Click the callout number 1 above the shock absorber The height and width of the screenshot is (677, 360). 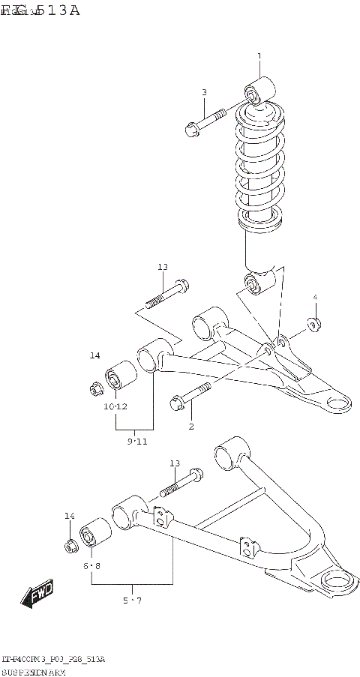259,56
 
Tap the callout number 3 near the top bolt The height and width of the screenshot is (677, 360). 203,92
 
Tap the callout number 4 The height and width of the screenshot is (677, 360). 315,298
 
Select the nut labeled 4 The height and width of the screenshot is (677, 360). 314,325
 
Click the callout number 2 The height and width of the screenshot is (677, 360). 191,426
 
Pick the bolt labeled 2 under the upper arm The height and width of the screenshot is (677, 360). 191,397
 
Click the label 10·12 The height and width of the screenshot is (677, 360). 115,406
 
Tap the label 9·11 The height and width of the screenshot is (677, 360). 136,442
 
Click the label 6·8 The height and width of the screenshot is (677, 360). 91,565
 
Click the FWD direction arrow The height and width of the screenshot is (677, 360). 37,595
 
